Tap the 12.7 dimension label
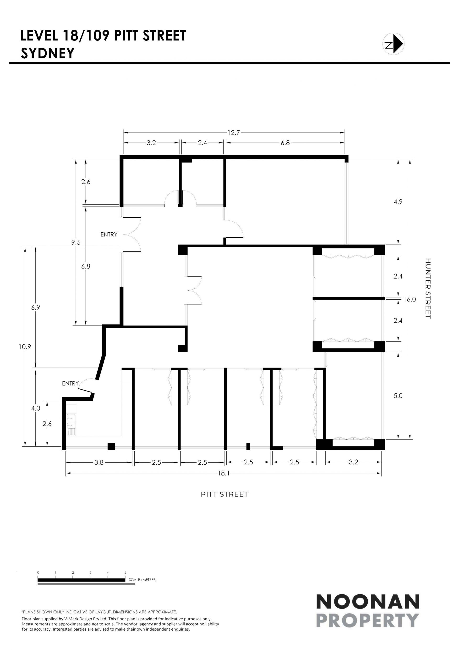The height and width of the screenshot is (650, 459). [234, 133]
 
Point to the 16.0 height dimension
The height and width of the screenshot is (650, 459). [410, 299]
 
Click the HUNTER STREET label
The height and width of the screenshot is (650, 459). [428, 288]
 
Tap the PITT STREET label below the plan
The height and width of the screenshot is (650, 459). [224, 494]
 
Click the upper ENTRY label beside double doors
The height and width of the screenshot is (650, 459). [109, 234]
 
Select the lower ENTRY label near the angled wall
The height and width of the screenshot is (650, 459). [71, 383]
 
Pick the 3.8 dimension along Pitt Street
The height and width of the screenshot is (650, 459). [99, 462]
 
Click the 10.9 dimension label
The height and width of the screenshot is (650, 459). [25, 347]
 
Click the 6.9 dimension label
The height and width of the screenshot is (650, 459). [36, 307]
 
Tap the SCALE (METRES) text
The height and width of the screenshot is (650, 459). [142, 579]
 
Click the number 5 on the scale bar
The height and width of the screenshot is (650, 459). [125, 572]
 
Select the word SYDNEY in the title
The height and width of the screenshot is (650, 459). [48, 53]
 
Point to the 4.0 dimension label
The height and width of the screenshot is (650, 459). [36, 408]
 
